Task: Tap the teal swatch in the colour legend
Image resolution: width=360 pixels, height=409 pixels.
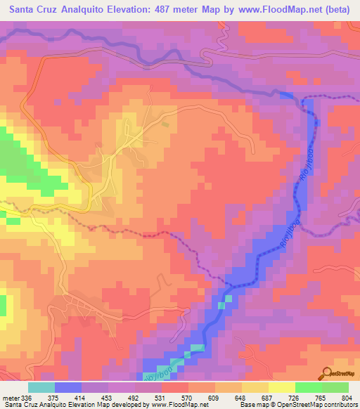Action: pos(41,387)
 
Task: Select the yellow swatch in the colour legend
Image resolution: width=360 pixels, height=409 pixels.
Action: pos(281,387)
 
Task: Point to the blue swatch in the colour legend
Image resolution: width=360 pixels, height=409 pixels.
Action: pos(68,387)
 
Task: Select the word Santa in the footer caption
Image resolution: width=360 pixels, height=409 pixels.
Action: pos(12,404)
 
